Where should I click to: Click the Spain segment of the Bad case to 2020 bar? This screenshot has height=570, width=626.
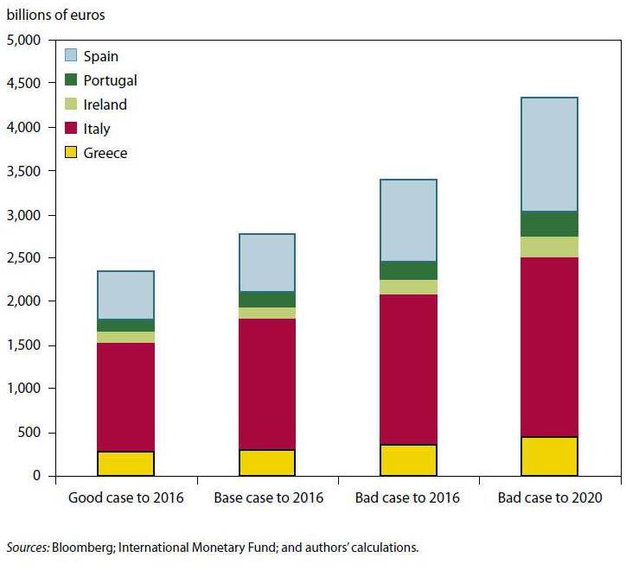[549, 155]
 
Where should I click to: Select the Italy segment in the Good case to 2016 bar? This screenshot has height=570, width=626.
[125, 396]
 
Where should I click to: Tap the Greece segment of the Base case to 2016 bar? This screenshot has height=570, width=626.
[266, 462]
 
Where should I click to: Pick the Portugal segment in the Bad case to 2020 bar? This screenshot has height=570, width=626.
[549, 224]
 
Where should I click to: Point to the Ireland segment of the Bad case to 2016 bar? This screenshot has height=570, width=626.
[408, 287]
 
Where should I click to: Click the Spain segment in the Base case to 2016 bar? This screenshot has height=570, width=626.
[266, 263]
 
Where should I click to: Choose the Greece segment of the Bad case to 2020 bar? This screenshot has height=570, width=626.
[549, 456]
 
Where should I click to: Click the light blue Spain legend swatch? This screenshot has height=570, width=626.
[73, 56]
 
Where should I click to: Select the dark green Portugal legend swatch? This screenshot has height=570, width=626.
[73, 80]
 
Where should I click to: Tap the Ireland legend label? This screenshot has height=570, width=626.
[105, 104]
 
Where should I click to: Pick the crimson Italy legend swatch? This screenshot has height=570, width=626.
[73, 129]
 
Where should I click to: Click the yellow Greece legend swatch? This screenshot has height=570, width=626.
[73, 153]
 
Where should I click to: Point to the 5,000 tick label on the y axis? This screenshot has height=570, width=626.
[23, 41]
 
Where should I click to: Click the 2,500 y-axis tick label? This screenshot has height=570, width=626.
[23, 258]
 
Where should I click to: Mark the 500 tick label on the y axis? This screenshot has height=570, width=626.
[29, 433]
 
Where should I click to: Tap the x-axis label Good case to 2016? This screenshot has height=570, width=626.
[126, 498]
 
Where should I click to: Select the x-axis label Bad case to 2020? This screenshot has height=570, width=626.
[549, 498]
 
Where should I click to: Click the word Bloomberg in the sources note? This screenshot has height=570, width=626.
[80, 547]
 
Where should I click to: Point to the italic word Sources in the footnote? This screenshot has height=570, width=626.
[28, 547]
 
